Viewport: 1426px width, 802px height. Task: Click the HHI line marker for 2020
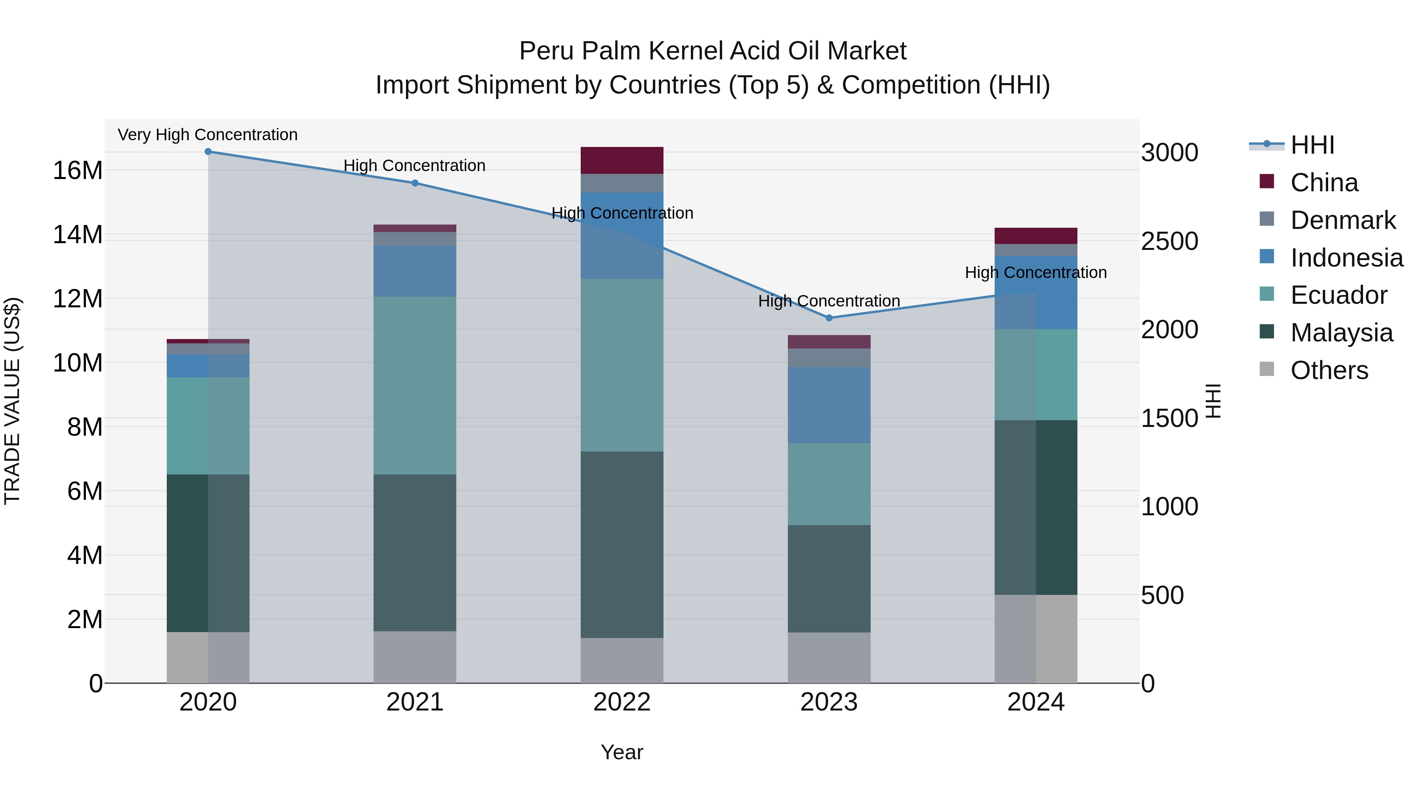pyautogui.click(x=208, y=152)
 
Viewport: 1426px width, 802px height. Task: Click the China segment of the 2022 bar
pyautogui.click(x=621, y=160)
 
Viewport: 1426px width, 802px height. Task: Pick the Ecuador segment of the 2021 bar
pyautogui.click(x=415, y=385)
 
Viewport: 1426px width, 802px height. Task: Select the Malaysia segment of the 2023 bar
pyautogui.click(x=829, y=578)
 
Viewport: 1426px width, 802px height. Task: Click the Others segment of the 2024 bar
pyautogui.click(x=1036, y=639)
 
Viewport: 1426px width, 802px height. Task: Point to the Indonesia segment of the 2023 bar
pyautogui.click(x=829, y=405)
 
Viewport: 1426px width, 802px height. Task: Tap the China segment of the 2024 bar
pyautogui.click(x=1036, y=236)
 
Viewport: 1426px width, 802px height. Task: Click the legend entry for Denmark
pyautogui.click(x=1342, y=220)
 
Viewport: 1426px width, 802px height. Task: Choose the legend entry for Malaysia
pyautogui.click(x=1341, y=333)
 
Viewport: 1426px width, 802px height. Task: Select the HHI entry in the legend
pyautogui.click(x=1312, y=145)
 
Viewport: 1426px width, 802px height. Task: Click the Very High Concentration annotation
pyautogui.click(x=208, y=135)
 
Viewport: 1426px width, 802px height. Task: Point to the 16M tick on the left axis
pyautogui.click(x=78, y=170)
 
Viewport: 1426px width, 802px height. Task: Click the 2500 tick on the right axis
pyautogui.click(x=1169, y=241)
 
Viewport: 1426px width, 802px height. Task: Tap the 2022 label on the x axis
pyautogui.click(x=621, y=702)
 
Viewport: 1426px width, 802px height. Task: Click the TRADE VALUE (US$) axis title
pyautogui.click(x=12, y=401)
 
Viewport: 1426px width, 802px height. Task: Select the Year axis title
pyautogui.click(x=621, y=752)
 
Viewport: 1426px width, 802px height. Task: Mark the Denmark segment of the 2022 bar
pyautogui.click(x=621, y=183)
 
